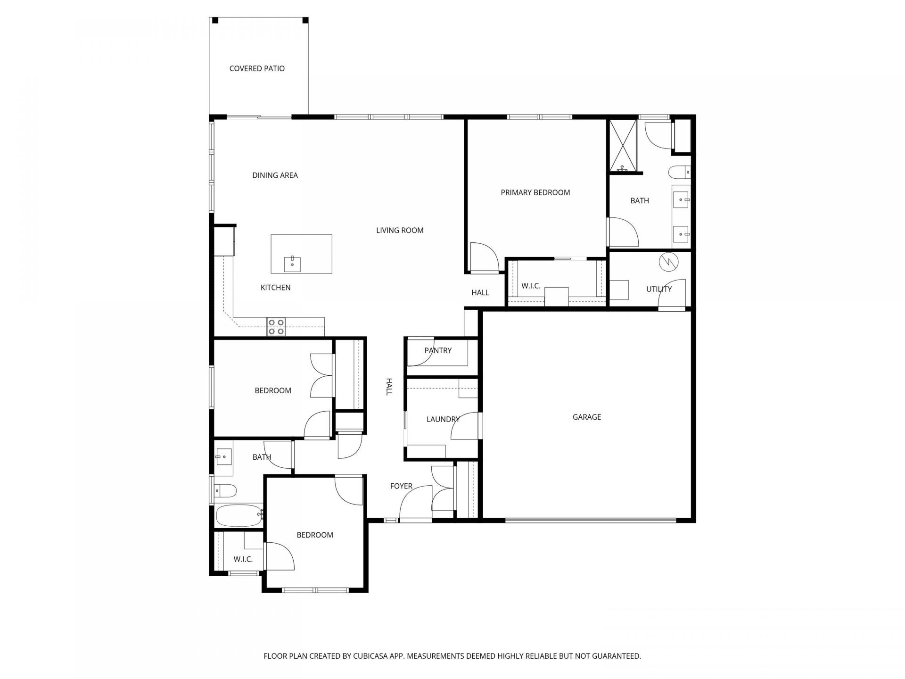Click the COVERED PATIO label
(257, 68)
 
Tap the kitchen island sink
(293, 264)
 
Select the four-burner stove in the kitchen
(276, 326)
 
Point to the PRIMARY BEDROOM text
(535, 192)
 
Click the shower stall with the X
(623, 146)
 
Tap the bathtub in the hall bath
(239, 515)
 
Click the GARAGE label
(587, 417)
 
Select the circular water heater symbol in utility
(668, 262)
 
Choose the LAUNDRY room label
(443, 419)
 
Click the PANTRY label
(438, 350)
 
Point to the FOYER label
(401, 486)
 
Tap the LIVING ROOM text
(400, 230)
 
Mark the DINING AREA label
(275, 175)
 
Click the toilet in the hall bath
(225, 491)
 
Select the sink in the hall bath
(224, 457)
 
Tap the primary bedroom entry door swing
(484, 257)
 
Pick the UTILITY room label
(659, 289)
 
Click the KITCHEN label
(275, 288)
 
